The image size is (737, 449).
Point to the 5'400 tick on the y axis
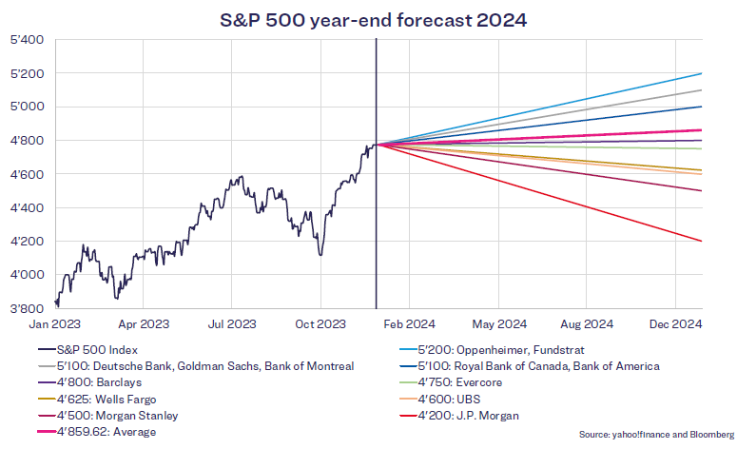[27, 40]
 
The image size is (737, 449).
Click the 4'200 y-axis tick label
[27, 242]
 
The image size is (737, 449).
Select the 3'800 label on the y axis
[27, 308]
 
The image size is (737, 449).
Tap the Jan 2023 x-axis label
[54, 324]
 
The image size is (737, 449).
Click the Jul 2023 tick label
[230, 324]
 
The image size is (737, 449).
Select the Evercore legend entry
[467, 382]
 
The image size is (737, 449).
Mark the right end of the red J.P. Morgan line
[702, 241]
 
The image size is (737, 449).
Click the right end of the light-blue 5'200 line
[702, 73]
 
